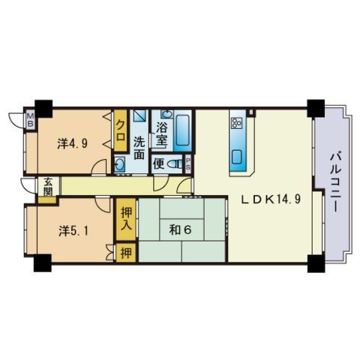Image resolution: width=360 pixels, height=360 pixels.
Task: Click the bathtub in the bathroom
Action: pyautogui.click(x=182, y=130)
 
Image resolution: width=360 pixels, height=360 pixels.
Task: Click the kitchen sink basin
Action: pyautogui.click(x=238, y=155)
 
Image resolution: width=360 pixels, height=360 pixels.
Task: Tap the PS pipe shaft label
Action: pyautogui.click(x=187, y=163)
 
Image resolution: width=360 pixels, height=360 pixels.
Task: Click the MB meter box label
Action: pyautogui.click(x=31, y=119)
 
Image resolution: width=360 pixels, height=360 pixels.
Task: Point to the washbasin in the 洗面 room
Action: pyautogui.click(x=120, y=164)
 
